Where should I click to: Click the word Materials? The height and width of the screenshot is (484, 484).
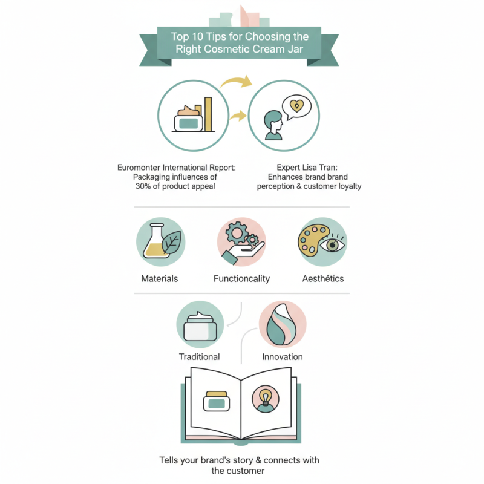pos(160,278)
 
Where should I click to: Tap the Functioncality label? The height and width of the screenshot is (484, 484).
pos(241,279)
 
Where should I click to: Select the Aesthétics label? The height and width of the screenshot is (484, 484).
pos(323,278)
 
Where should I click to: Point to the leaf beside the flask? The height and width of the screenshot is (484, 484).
pos(172,242)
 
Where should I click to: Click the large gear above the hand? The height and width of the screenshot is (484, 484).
pos(237,233)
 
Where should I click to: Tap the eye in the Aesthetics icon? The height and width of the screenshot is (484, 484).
pos(332,245)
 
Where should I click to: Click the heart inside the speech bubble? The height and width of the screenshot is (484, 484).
pos(296,106)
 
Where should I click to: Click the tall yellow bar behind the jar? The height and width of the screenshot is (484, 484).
pos(208,114)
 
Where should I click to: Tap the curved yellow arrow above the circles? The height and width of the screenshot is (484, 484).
pos(236,82)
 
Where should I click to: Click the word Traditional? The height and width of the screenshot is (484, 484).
pos(200,357)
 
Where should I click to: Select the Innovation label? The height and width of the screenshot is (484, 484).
pos(283,357)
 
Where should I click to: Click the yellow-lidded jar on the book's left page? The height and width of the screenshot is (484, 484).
pos(217,401)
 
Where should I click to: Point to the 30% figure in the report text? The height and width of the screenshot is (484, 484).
pos(143,186)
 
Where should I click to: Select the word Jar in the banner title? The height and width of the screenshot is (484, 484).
pos(295,49)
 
